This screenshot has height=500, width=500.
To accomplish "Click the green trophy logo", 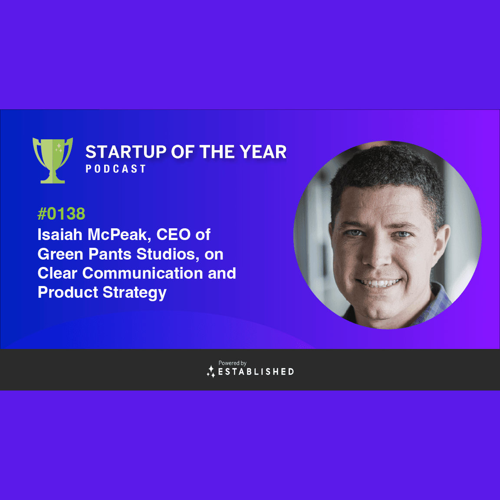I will coord(53,160).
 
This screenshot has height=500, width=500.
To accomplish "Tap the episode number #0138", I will coord(61,214).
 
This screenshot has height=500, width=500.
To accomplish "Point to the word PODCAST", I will coord(115,169).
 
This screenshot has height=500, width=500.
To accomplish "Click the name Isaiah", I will coord(60,234).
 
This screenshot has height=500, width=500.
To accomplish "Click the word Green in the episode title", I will coord(60,254).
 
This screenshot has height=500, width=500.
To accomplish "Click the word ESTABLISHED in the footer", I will coord(256,372).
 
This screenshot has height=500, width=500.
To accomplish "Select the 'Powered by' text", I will coord(232,363).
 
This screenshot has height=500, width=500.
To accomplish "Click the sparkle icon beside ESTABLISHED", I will coord(211,371).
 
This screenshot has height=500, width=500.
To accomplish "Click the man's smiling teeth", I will coord(379,283).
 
